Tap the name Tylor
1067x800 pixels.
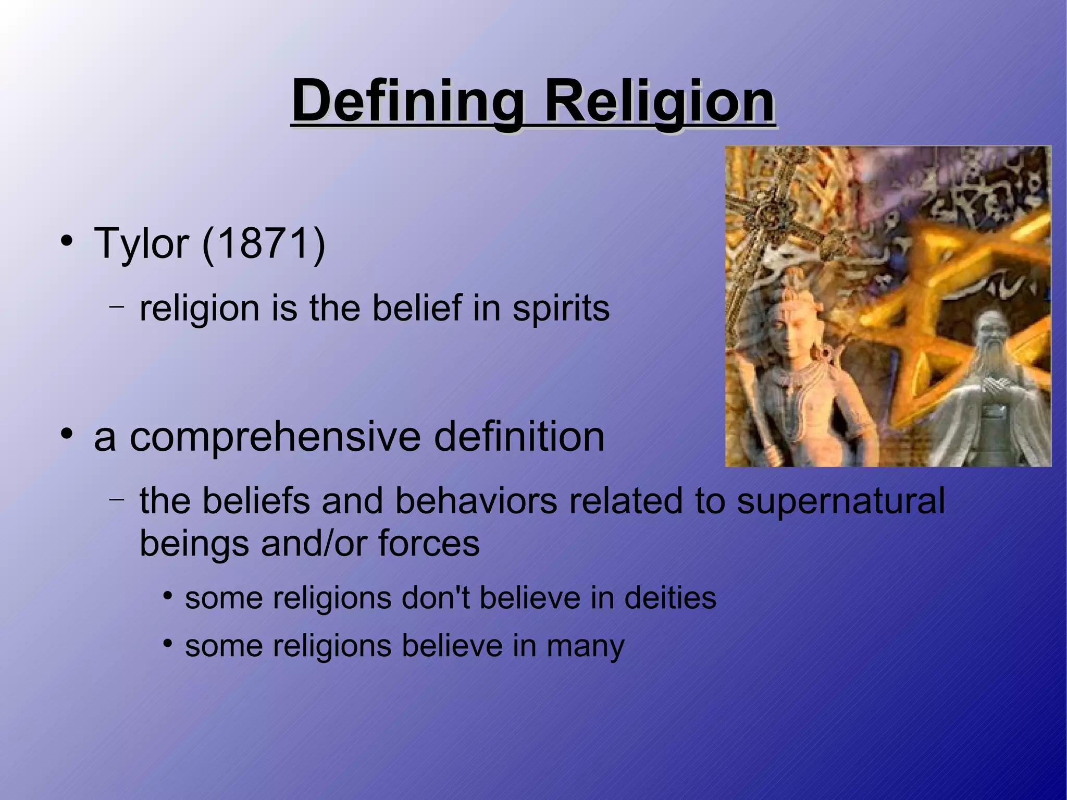tap(141, 243)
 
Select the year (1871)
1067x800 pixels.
tap(263, 243)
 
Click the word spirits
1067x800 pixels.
tap(561, 309)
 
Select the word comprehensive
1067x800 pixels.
tap(275, 438)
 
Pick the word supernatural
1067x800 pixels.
tap(840, 501)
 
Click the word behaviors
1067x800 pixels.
tap(476, 501)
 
